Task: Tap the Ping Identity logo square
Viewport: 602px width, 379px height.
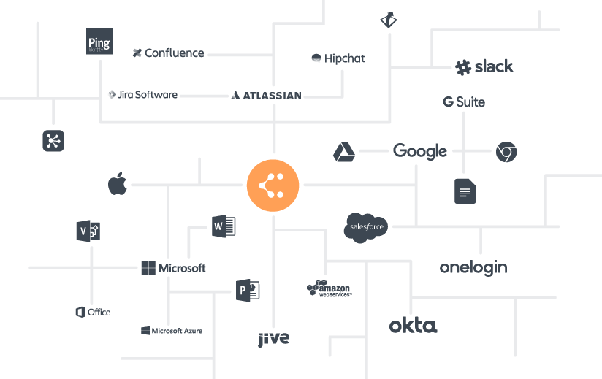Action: pos(99,42)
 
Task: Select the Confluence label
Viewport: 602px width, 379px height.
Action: pos(169,53)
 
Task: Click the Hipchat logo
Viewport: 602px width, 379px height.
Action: pos(338,58)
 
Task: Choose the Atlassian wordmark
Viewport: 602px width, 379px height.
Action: pos(266,95)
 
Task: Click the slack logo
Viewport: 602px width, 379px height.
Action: pos(484,67)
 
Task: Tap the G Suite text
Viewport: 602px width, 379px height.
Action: pos(464,102)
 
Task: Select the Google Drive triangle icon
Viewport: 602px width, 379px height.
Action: pos(344,152)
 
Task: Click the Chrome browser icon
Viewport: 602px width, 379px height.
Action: pos(506,152)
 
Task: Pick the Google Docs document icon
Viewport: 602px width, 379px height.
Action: pos(465,191)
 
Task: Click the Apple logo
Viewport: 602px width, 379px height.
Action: pos(118,184)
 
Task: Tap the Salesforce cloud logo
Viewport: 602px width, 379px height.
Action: pos(365,226)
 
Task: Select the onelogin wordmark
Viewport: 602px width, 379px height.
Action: pos(473,267)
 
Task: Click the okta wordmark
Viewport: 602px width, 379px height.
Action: pos(413,325)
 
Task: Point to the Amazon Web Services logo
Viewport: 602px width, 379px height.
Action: pos(329,288)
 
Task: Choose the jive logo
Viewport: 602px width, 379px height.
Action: pos(273,338)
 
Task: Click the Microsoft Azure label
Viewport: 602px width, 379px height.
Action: pos(172,331)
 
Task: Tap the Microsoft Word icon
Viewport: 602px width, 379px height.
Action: pos(224,226)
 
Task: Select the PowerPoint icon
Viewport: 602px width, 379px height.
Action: pos(248,291)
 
